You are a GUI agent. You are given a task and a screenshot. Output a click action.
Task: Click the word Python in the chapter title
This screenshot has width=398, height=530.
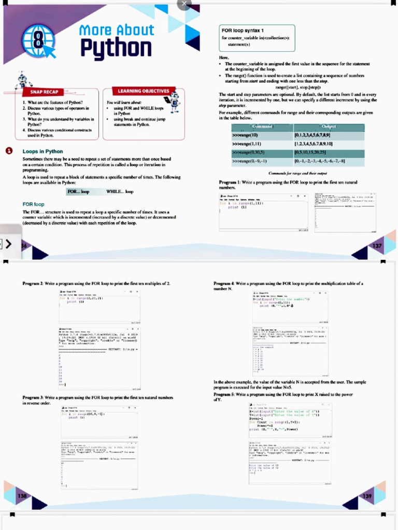pyautogui.click(x=117, y=48)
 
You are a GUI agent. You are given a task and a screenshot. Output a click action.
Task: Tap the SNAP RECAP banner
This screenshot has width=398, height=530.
pyautogui.click(x=44, y=92)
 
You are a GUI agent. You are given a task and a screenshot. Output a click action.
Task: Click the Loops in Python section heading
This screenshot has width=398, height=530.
pyautogui.click(x=43, y=151)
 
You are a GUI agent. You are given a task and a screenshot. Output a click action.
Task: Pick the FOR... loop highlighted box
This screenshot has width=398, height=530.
pyautogui.click(x=79, y=192)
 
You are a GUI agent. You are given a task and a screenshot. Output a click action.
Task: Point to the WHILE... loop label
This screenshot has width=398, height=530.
pyautogui.click(x=119, y=192)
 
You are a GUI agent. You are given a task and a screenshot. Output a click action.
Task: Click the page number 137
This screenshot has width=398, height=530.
pyautogui.click(x=377, y=245)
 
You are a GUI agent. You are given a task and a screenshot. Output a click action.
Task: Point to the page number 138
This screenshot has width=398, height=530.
pyautogui.click(x=22, y=496)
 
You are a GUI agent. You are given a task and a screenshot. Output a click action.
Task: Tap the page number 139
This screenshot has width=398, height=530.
pyautogui.click(x=367, y=496)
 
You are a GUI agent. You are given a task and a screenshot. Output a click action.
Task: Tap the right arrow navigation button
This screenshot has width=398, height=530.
pyautogui.click(x=8, y=244)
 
